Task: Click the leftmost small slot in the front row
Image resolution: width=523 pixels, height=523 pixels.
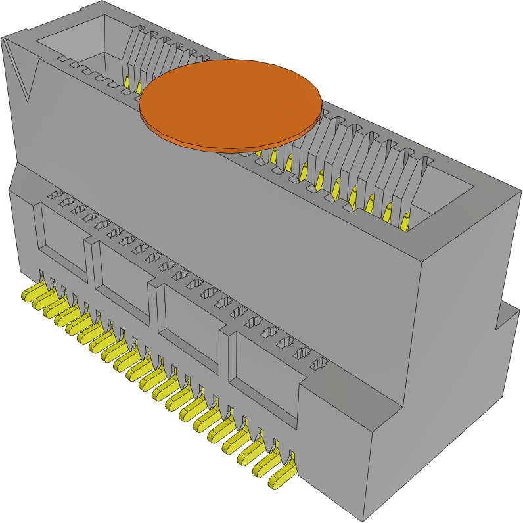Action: [x=57, y=195]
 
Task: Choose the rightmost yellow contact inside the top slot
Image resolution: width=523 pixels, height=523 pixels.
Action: [x=405, y=221]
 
